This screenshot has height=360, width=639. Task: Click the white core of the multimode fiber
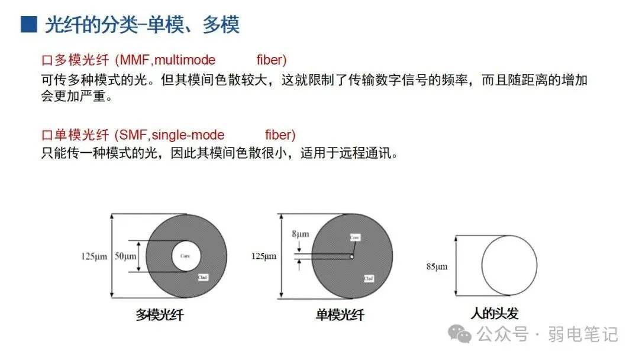186,256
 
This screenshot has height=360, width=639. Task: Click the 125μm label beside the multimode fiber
94,256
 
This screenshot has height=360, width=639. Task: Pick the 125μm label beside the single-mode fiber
264,256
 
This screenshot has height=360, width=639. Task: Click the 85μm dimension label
437,266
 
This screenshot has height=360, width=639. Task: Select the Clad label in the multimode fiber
202,277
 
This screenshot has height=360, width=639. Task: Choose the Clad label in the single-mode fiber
368,277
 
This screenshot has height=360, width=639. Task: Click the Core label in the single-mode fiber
354,237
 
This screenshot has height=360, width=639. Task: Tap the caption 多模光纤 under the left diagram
160,315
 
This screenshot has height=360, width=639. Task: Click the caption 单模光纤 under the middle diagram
340,315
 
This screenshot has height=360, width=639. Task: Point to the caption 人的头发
494,313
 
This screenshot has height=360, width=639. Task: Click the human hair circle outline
537,265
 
